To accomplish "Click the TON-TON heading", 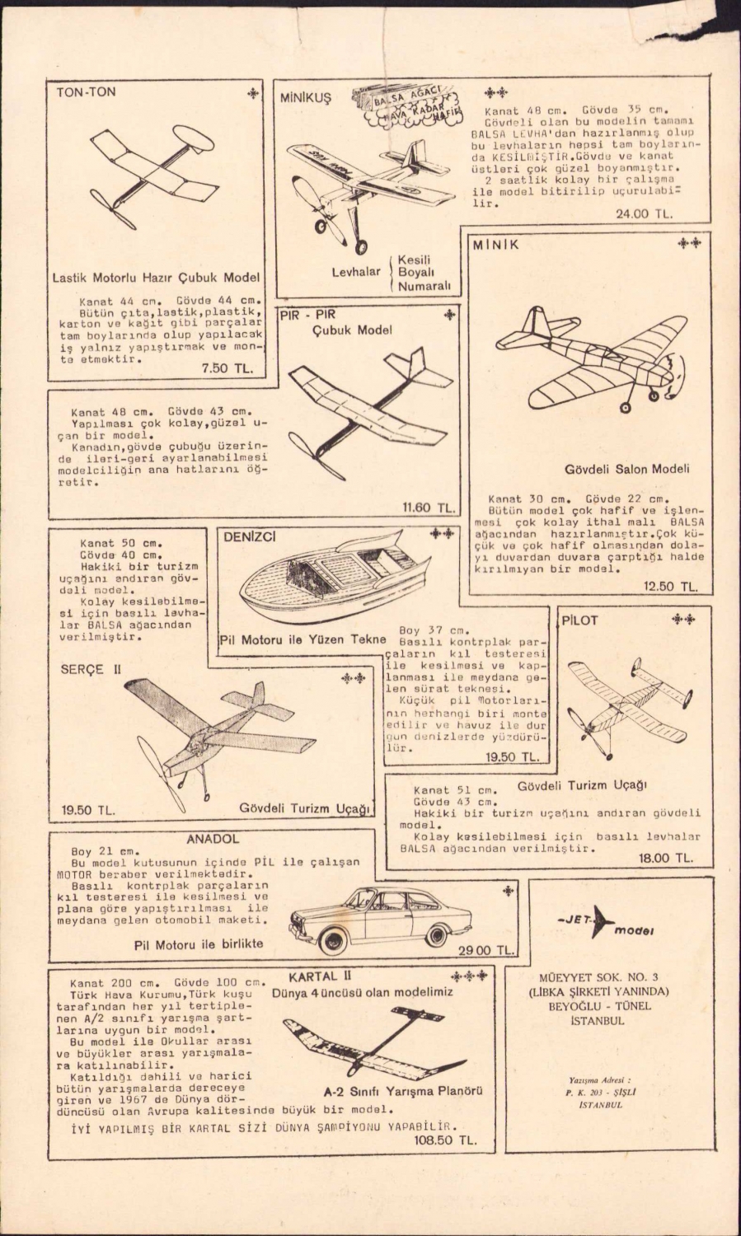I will [x=86, y=92].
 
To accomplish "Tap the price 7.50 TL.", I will [x=227, y=368].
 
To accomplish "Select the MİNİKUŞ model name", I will [x=305, y=97].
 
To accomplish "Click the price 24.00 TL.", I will [x=645, y=213].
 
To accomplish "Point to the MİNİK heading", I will [x=496, y=245].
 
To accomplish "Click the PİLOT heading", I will [x=579, y=620].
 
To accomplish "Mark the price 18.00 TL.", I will [x=666, y=858].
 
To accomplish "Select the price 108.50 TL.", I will [x=446, y=1140].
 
